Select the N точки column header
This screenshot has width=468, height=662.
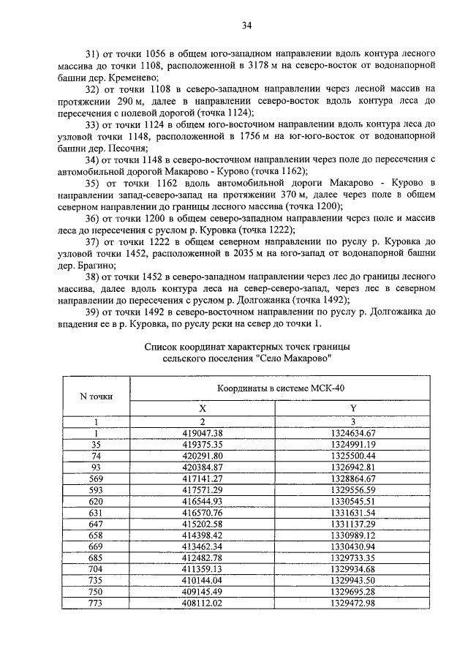coord(96,396)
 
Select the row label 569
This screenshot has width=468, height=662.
coord(96,478)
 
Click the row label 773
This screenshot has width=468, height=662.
coord(96,604)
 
